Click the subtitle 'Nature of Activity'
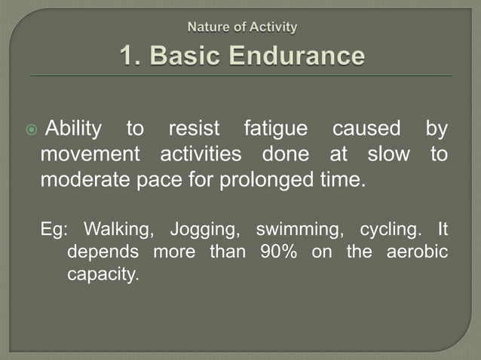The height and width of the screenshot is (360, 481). click(x=242, y=28)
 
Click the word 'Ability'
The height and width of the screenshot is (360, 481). click(x=73, y=130)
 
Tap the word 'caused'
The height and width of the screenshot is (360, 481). click(x=366, y=130)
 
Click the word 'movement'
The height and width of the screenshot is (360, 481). click(x=90, y=155)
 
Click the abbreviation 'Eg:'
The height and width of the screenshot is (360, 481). click(x=54, y=229)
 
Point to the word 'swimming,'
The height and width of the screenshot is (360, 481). click(x=293, y=229)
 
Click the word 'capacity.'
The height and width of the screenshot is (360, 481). click(x=103, y=274)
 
